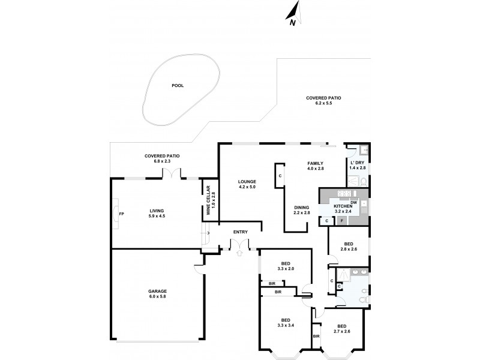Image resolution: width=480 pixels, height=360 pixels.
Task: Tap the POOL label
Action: click(178, 86)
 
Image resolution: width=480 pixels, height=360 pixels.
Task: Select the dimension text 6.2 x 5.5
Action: click(323, 104)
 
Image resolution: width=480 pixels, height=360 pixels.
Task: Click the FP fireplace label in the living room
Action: click(121, 214)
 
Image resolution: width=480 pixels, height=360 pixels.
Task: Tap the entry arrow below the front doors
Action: click(239, 253)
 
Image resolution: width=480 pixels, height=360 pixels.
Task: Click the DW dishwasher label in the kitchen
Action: click(354, 202)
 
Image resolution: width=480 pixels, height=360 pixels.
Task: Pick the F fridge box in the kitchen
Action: click(342, 221)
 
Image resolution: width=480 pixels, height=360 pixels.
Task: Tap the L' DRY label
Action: click(357, 163)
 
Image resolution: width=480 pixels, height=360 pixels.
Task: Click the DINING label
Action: click(301, 208)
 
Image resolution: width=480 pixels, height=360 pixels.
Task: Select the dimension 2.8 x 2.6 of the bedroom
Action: click(349, 249)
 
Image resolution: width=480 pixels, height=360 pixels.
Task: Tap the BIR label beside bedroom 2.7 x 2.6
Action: click(316, 337)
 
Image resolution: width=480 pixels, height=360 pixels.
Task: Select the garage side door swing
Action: click(199, 268)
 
